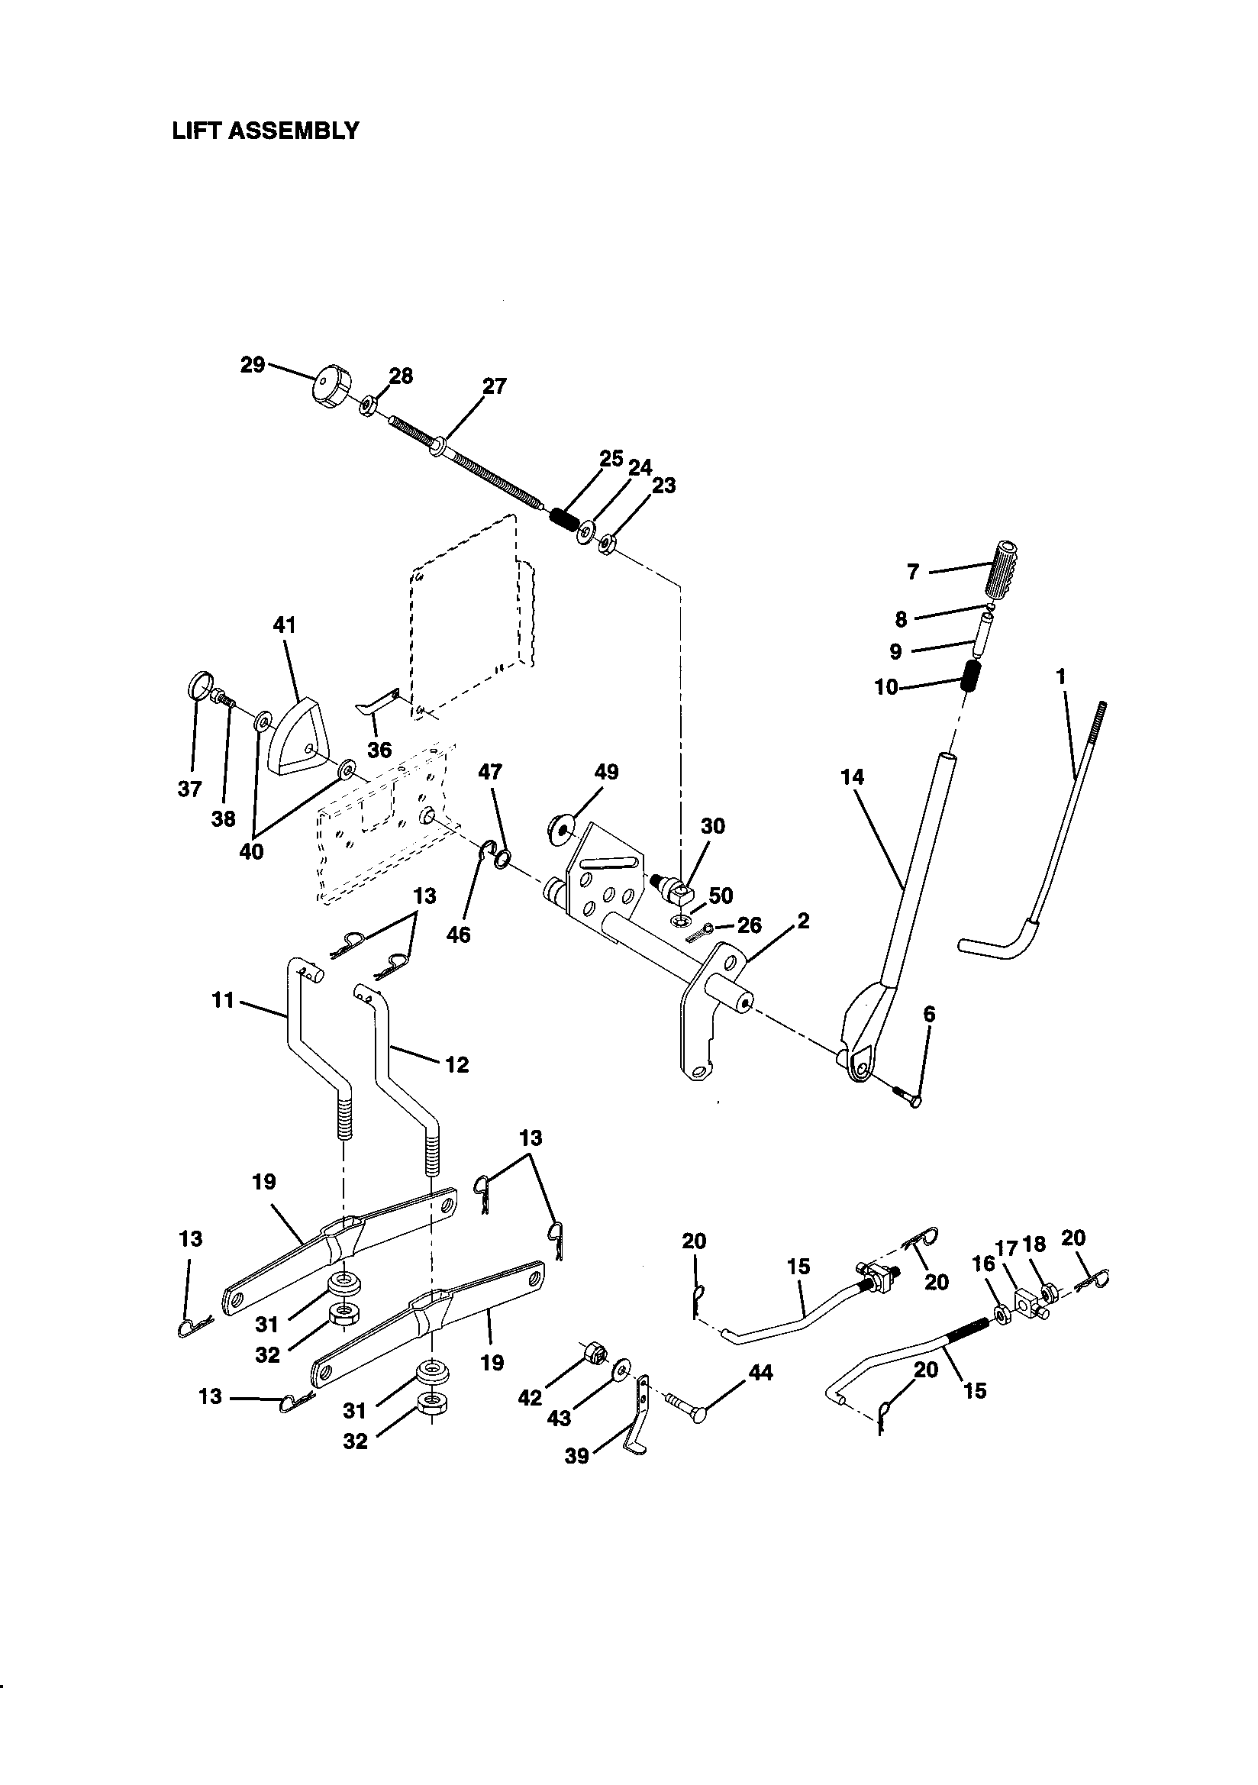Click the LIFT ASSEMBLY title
265,130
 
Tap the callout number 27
494,386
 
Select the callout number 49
605,772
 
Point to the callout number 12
456,1064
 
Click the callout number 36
379,750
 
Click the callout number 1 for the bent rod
1060,676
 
